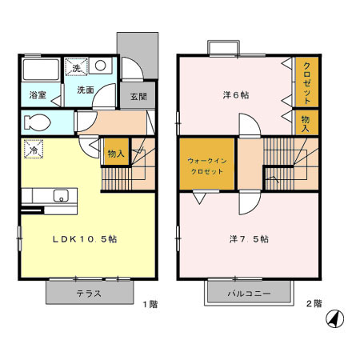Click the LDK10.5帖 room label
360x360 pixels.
pyautogui.click(x=86, y=239)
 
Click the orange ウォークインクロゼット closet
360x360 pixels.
pyautogui.click(x=207, y=166)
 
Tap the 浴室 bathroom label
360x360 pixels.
pyautogui.click(x=38, y=94)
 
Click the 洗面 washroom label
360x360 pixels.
pyautogui.click(x=85, y=90)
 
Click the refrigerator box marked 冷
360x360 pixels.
pyautogui.click(x=34, y=150)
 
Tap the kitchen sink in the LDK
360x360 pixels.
pyautogui.click(x=60, y=196)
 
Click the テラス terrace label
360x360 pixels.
pyautogui.click(x=89, y=293)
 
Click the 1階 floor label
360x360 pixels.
pyautogui.click(x=150, y=304)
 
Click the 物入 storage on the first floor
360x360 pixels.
pyautogui.click(x=114, y=153)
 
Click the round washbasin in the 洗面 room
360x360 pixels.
pyautogui.click(x=102, y=68)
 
